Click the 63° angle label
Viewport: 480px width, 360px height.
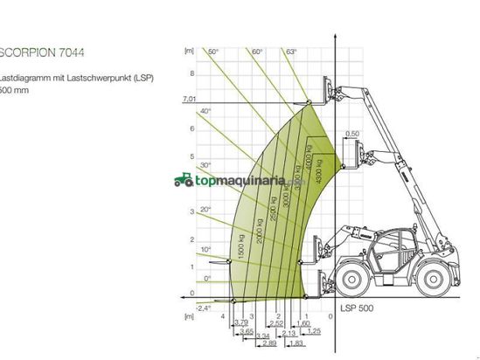point(291,52)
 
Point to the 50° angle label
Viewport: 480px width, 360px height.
point(212,52)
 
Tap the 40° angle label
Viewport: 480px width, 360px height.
point(205,112)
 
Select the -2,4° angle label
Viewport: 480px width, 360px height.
point(205,308)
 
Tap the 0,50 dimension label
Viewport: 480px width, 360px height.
point(352,134)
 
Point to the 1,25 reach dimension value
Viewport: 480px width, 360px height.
point(314,332)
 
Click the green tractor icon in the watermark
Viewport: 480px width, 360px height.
point(183,180)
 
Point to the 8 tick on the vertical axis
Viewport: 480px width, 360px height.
point(192,73)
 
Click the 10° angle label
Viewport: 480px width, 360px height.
point(205,250)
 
